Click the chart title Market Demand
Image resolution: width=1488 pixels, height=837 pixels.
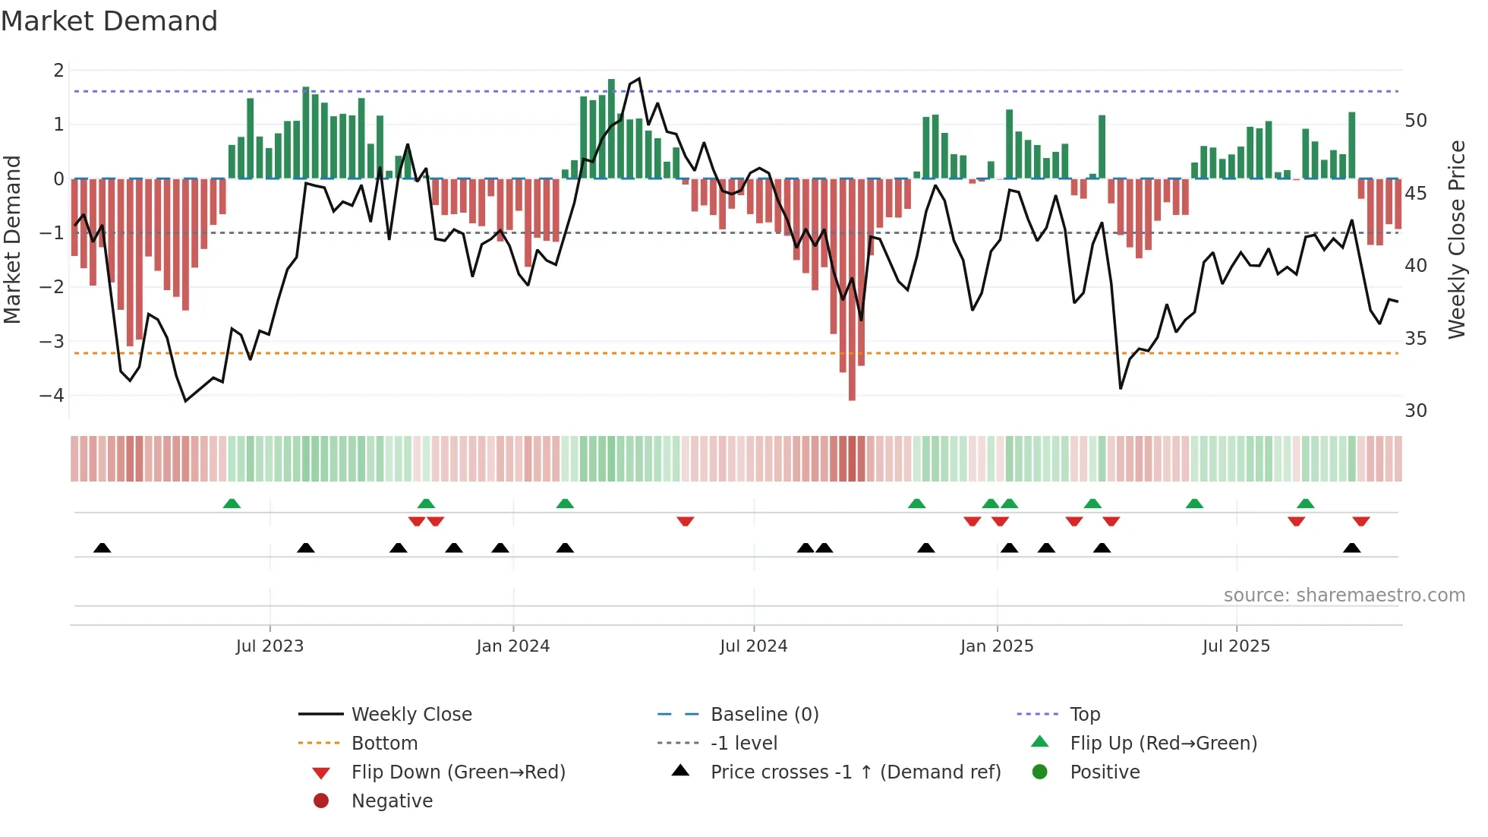point(109,21)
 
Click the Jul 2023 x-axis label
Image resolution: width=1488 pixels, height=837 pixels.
point(270,646)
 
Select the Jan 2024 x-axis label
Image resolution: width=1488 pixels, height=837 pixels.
point(512,646)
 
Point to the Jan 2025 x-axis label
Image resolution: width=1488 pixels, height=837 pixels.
point(996,646)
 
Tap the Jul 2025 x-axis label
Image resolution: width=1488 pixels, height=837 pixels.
point(1236,646)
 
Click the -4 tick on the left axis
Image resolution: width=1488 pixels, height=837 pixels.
point(52,396)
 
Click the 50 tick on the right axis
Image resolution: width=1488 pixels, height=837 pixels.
point(1416,121)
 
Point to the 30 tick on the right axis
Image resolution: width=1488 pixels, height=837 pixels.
point(1416,411)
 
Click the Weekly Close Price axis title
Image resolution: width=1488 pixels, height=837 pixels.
point(1456,239)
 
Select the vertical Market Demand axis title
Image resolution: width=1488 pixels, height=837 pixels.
point(12,239)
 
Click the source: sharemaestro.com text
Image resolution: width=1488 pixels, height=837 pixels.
point(1344,595)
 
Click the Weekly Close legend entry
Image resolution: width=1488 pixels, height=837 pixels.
point(411,715)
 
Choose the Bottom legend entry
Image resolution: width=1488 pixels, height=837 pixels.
point(384,744)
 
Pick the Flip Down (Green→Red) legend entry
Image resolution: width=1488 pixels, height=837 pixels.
point(458,772)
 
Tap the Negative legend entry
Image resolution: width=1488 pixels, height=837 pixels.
point(392,801)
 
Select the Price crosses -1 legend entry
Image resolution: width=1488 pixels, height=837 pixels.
point(855,772)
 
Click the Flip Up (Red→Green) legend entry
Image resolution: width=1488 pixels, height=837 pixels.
point(1163,744)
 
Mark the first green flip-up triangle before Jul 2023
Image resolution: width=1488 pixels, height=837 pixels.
point(232,504)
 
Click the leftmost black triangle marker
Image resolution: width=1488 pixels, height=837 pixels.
point(102,548)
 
